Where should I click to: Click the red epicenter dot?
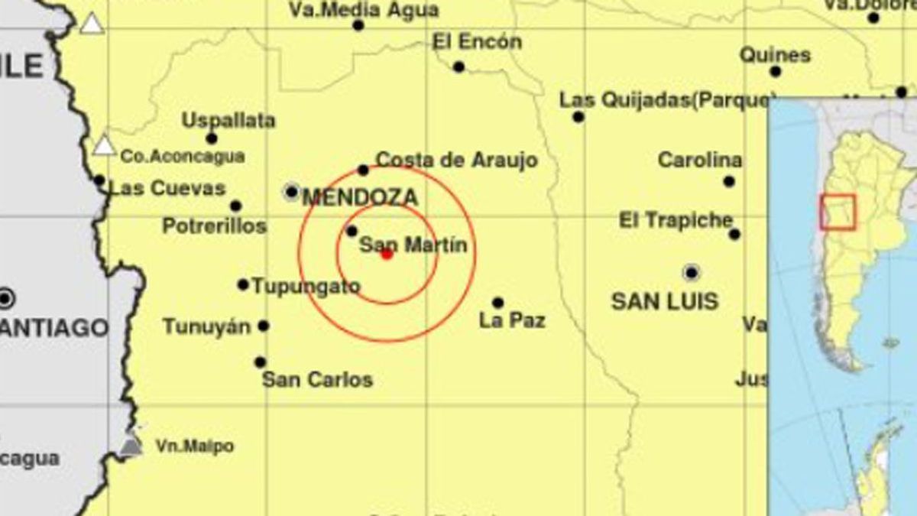point(387,254)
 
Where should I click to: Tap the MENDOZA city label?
point(360,198)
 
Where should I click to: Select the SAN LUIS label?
point(665,301)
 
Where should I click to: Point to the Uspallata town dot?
point(212,138)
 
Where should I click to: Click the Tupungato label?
point(306,287)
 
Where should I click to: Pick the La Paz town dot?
point(497,303)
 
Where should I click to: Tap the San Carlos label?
point(317,379)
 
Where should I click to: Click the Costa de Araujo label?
point(457,161)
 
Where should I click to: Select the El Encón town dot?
point(458,67)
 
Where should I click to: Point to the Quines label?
point(775,55)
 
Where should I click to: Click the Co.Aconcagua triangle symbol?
point(104,145)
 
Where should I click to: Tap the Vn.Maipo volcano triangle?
point(131,443)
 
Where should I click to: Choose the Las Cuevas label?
point(167,188)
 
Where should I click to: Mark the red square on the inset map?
point(838,212)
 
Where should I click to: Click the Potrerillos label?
point(214,226)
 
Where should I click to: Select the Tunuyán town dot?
point(264,326)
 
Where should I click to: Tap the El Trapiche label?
point(675,220)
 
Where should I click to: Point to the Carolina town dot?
point(729,182)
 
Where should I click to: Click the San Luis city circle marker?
point(692,272)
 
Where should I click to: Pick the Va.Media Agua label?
point(364,10)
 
